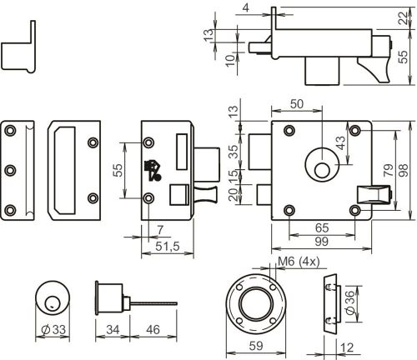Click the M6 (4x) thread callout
point(299,262)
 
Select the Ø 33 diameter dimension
point(53,330)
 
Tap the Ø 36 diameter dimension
point(350,302)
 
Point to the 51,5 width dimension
point(168,246)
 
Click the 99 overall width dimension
point(321,242)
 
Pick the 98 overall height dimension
point(404,170)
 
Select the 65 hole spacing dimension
point(322,228)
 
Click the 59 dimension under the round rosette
point(256,346)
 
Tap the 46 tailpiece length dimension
point(153,330)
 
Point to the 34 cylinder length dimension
point(113,330)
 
